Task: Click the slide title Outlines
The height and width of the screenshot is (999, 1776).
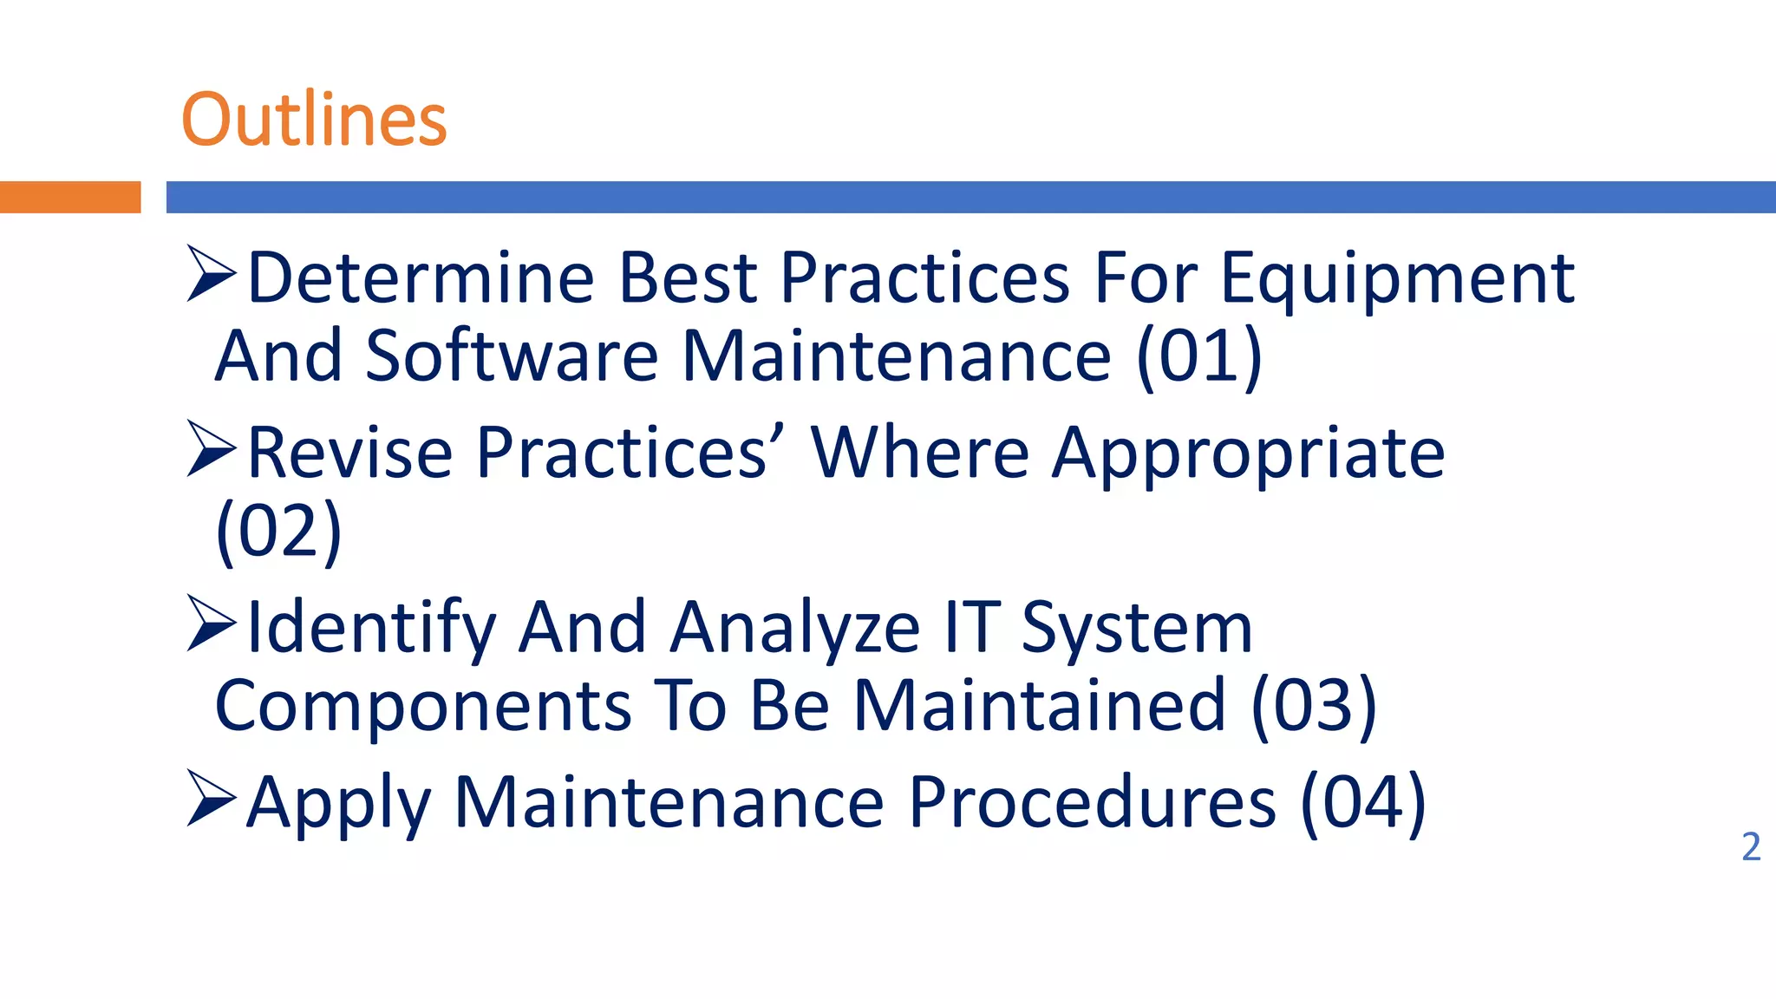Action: (x=314, y=120)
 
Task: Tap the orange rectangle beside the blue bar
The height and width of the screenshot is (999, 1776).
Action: (x=69, y=197)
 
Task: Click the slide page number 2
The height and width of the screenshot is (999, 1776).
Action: (x=1750, y=847)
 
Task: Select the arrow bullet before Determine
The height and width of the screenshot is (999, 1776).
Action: (x=211, y=274)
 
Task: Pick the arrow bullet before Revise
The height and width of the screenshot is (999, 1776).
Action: (x=211, y=449)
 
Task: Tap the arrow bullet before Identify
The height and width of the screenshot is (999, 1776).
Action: (x=211, y=624)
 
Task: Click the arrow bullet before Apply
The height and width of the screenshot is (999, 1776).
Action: (x=211, y=799)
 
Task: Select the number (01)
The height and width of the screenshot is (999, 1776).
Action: (x=1198, y=356)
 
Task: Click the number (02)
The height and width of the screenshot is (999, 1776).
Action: (x=278, y=532)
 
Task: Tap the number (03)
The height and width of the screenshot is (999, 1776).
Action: (x=1314, y=706)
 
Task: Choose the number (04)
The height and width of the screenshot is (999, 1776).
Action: (x=1363, y=803)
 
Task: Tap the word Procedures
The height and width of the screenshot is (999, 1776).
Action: (x=1092, y=803)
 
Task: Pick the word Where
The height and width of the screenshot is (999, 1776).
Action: (x=920, y=454)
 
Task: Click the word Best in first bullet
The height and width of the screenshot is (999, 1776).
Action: (x=689, y=279)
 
